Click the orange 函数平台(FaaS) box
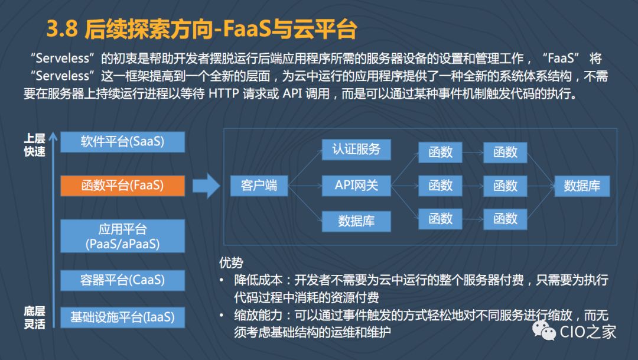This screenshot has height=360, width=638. (122, 185)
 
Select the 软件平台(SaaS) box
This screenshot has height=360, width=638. (122, 142)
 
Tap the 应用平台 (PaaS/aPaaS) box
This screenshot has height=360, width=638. (122, 236)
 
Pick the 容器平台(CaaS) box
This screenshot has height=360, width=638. (122, 280)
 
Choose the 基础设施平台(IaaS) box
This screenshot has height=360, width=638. (122, 317)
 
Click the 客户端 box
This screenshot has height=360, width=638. (259, 186)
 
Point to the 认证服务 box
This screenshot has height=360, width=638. (356, 149)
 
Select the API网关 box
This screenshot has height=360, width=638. (356, 185)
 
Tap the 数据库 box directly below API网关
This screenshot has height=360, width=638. (356, 221)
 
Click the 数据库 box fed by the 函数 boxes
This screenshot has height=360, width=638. (582, 186)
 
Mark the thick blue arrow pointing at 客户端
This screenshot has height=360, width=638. (207, 185)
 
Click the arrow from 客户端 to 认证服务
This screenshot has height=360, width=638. (304, 167)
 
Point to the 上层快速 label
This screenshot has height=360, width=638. (34, 144)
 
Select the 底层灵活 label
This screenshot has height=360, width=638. (34, 317)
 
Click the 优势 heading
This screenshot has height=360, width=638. (231, 262)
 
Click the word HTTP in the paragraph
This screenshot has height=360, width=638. (224, 95)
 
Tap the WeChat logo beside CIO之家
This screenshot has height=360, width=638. (544, 330)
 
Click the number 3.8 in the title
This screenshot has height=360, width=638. (63, 29)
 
